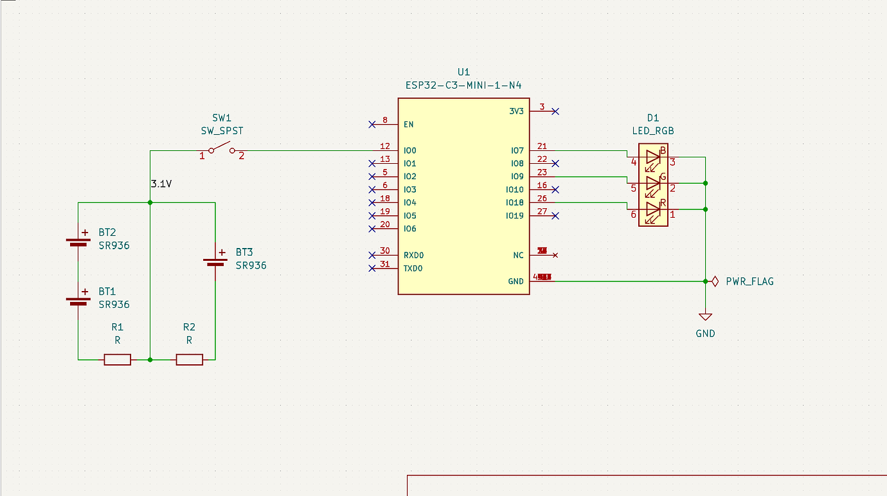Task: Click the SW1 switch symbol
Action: point(222,151)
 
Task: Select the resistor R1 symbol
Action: point(118,359)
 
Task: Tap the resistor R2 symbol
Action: point(190,359)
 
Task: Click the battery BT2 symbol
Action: point(78,241)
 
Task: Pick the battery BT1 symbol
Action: point(78,299)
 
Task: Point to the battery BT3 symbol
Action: point(215,260)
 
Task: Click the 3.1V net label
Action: point(161,184)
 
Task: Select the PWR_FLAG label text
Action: point(749,281)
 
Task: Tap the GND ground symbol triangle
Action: point(705,317)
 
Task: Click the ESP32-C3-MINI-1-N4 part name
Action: point(463,85)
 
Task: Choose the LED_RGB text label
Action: point(653,130)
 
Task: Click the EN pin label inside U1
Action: point(409,124)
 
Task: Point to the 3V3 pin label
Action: point(516,111)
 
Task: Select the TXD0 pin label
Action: point(413,269)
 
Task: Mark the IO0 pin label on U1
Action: point(410,150)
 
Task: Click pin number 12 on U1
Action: point(385,146)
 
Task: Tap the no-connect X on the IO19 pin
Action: point(555,216)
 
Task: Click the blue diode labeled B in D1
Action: point(653,157)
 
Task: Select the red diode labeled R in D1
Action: point(653,209)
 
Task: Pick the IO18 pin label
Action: point(515,203)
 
